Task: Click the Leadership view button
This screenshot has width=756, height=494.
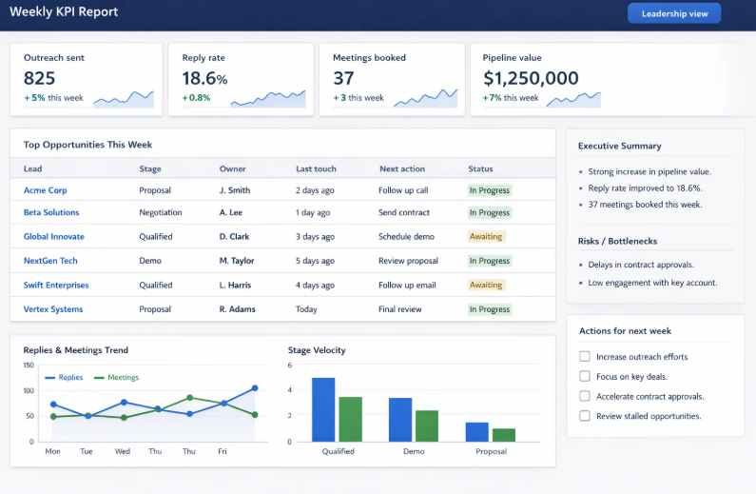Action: [x=673, y=13]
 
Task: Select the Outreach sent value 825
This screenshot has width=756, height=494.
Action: [x=40, y=79]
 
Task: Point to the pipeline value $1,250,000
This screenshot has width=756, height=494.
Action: [x=531, y=79]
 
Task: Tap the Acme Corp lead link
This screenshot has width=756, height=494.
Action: [x=45, y=190]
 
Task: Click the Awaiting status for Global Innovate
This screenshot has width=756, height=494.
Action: [x=486, y=236]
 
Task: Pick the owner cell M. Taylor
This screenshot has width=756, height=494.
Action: [x=237, y=261]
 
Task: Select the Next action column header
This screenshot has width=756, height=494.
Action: [x=401, y=168]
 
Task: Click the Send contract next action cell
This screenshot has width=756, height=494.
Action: [x=404, y=212]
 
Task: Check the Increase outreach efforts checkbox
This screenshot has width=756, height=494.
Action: [x=585, y=357]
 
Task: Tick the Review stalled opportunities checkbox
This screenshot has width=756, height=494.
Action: [x=585, y=416]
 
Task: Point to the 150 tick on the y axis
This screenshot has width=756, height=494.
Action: [x=29, y=366]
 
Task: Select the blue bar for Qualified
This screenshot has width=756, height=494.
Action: [x=323, y=409]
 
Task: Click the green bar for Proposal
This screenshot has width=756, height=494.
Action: [x=504, y=435]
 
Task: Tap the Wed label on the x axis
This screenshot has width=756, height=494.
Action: [x=122, y=451]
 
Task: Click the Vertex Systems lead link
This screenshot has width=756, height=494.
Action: [x=53, y=309]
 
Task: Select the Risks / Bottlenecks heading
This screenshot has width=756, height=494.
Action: [x=617, y=241]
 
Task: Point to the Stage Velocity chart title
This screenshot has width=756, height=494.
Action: [x=317, y=350]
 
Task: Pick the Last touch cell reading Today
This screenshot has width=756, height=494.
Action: [x=306, y=309]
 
